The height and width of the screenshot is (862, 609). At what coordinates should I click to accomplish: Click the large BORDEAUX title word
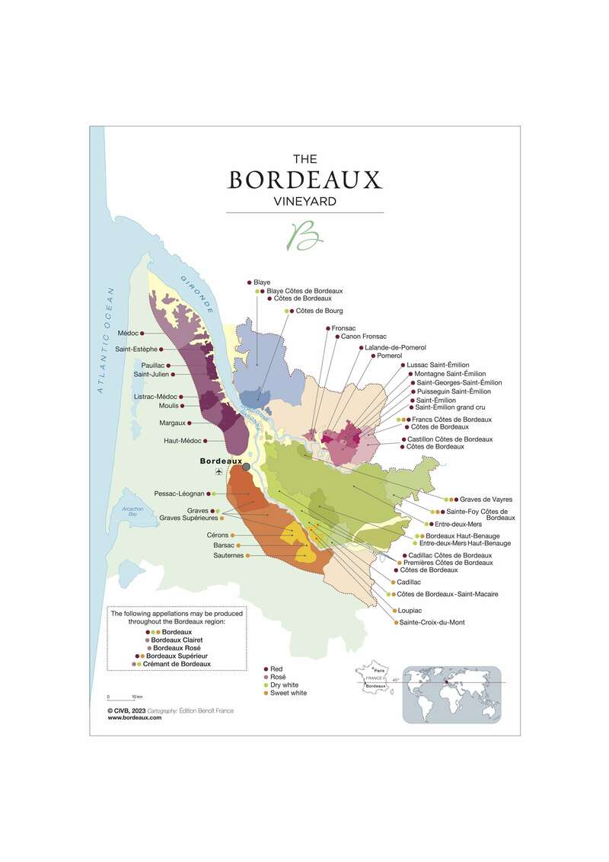coord(304,180)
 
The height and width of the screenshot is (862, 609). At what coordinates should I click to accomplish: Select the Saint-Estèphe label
coord(136,350)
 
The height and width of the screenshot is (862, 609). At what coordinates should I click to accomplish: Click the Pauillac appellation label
coord(152,366)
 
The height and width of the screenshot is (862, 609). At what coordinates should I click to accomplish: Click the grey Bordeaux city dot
coord(246,467)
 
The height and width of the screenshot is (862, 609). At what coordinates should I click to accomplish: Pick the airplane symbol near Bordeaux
coord(218,472)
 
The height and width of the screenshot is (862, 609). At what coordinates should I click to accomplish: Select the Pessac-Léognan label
coord(179,493)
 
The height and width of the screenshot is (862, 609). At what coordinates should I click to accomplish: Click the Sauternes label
coord(228,556)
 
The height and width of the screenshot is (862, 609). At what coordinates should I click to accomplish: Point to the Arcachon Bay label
coord(122,514)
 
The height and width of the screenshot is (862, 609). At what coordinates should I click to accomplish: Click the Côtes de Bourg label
coord(319,311)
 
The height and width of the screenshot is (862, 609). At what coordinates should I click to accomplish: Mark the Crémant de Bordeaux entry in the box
coord(178,664)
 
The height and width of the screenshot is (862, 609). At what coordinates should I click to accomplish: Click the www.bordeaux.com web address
coord(135,717)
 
